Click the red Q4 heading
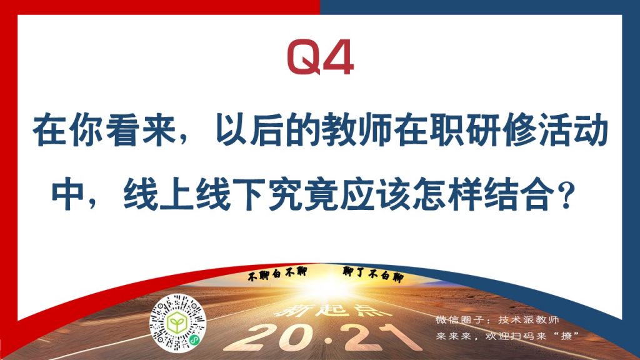[321, 57]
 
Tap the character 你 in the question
[86, 131]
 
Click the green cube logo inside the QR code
[177, 323]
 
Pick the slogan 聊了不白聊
[373, 274]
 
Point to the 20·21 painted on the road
[322, 337]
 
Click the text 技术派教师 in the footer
[528, 319]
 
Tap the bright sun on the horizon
[326, 286]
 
